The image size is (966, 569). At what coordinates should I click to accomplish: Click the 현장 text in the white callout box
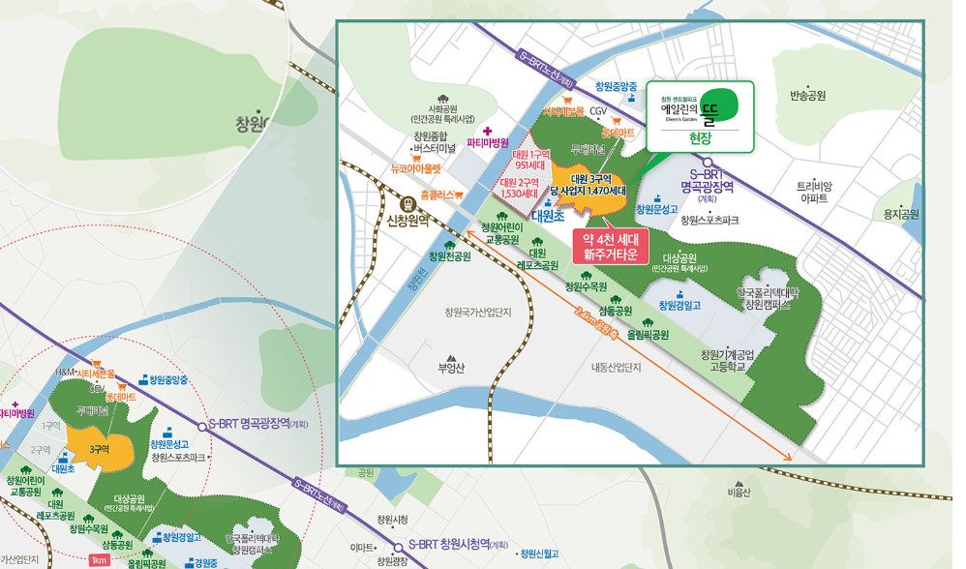(x=699, y=138)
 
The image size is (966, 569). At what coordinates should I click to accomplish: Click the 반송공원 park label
(x=807, y=96)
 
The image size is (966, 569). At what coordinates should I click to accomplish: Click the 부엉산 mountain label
(x=452, y=368)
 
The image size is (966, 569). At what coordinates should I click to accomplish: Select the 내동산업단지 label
(x=617, y=368)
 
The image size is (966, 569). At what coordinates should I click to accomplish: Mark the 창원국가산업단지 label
(x=484, y=313)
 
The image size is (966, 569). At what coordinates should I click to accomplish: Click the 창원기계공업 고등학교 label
(x=729, y=360)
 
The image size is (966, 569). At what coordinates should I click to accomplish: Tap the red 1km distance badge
(x=98, y=560)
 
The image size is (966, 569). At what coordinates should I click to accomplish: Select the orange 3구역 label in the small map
(x=99, y=449)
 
